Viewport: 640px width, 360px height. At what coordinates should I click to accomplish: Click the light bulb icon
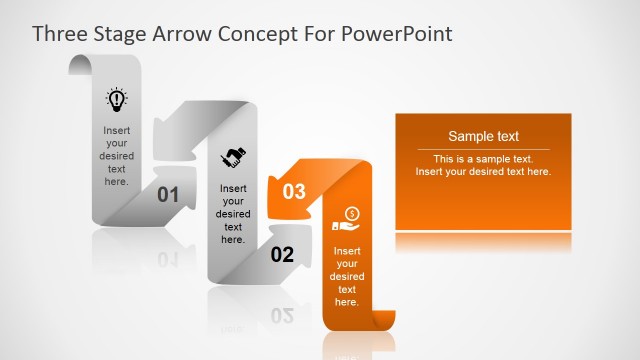point(117,99)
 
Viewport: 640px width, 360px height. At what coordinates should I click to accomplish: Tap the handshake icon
point(234,157)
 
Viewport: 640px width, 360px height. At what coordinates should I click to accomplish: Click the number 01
point(168,195)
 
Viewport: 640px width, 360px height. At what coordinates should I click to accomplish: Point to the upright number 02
point(282,255)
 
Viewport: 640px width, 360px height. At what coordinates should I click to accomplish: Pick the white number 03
point(294,191)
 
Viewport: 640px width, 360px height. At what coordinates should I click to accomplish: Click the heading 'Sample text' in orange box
point(483,137)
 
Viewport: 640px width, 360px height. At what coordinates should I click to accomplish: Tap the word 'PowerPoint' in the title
point(398,34)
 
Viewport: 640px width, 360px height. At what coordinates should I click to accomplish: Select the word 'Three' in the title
point(62,34)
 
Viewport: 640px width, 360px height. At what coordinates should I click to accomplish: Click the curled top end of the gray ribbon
point(80,65)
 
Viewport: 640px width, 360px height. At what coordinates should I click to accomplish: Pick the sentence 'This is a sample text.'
point(483,159)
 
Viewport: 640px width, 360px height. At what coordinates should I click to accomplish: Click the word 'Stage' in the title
point(124,34)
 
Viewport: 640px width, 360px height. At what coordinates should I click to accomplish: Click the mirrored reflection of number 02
point(282,316)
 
